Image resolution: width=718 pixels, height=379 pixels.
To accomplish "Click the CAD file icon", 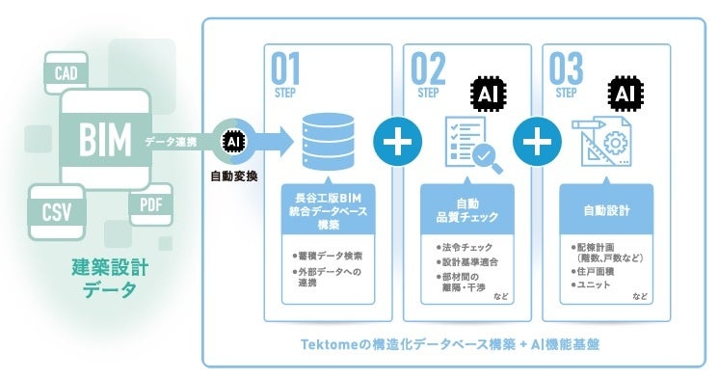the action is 66,72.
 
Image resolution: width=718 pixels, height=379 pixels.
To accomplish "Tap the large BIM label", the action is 105,139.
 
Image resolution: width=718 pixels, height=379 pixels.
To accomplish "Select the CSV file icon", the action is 57,212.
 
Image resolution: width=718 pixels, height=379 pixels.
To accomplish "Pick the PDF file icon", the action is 151,204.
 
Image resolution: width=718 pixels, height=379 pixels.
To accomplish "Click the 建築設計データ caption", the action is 110,278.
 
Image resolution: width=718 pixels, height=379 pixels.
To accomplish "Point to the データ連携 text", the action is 171,142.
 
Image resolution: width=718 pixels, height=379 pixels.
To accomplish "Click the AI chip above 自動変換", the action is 233,142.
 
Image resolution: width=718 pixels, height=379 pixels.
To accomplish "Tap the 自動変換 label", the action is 234,176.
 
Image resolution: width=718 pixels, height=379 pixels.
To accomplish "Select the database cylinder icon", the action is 329,142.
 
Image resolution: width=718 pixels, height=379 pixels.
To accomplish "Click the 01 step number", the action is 285,68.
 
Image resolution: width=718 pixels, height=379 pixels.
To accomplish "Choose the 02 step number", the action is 428,68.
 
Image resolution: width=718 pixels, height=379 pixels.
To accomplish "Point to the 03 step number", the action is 566,68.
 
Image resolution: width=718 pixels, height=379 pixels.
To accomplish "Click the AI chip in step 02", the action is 488,95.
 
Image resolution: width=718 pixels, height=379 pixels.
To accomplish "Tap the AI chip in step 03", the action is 625,95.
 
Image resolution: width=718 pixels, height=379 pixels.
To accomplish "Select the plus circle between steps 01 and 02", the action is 397,142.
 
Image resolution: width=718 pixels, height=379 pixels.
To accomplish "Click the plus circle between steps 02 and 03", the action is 537,142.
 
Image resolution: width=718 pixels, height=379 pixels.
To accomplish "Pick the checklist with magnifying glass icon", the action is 473,145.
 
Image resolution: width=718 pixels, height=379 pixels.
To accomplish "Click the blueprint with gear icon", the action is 602,142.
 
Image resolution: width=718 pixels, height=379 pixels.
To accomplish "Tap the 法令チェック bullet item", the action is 465,248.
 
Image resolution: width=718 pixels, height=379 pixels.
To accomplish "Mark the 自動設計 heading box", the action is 607,210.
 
